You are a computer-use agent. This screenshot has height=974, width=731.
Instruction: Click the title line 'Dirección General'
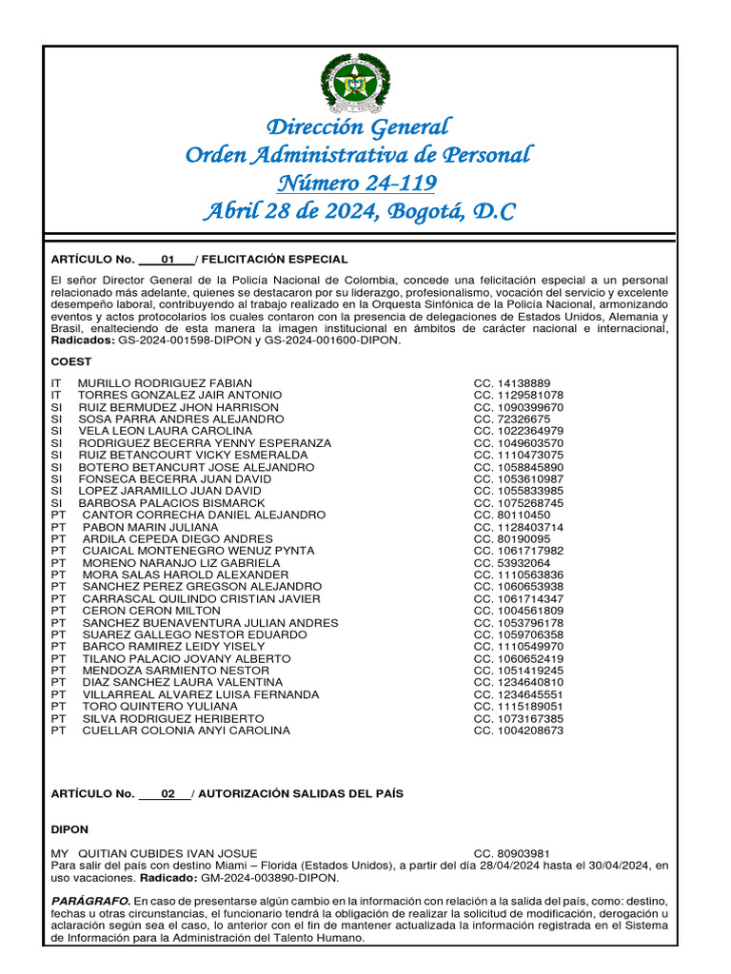coord(358,127)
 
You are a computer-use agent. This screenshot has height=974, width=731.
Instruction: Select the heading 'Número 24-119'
coord(358,183)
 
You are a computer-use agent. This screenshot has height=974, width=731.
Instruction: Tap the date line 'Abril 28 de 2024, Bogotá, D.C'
coord(358,211)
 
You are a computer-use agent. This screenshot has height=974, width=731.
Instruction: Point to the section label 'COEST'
coord(70,362)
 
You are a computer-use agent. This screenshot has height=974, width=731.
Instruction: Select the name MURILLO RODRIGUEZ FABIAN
coord(165,382)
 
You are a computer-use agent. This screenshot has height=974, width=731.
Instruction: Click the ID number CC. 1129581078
coord(518,395)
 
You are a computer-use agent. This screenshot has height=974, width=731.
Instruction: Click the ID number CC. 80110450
coord(511,515)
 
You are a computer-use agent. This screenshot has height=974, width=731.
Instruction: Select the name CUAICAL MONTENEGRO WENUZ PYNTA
coord(198,551)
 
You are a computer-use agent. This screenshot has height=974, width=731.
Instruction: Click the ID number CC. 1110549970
coord(518,647)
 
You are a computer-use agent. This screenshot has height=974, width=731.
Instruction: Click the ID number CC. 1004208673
coord(518,730)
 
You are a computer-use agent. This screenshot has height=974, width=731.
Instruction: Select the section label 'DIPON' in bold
coord(69,829)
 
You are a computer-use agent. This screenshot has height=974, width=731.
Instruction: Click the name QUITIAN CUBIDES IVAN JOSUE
coord(168,854)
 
